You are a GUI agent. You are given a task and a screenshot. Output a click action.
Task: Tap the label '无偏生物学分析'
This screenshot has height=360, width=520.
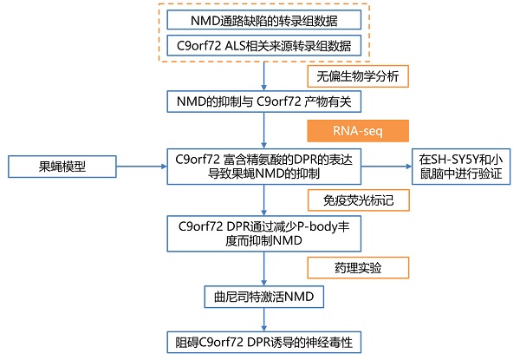pyautogui.click(x=358, y=76)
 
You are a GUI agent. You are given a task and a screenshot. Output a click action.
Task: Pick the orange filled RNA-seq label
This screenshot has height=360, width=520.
pyautogui.click(x=358, y=131)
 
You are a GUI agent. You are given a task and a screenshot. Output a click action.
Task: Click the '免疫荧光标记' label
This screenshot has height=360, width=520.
pyautogui.click(x=358, y=201)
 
